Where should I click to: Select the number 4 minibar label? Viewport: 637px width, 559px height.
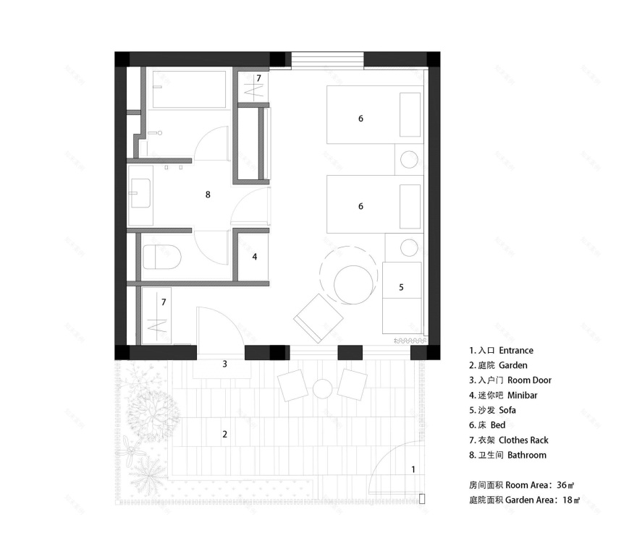pos(254,256)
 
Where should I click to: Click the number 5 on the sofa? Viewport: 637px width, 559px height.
pos(401,287)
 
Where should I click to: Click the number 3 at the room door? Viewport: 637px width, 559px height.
pos(224,364)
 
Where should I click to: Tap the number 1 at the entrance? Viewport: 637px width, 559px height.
pos(413,469)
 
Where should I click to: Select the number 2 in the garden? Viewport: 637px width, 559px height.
pos(224,434)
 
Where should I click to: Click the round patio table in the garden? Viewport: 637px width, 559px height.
pos(322,389)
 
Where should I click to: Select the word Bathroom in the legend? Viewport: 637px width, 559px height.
pos(527,455)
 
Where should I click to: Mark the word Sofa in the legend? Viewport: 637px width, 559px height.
pos(509,410)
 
